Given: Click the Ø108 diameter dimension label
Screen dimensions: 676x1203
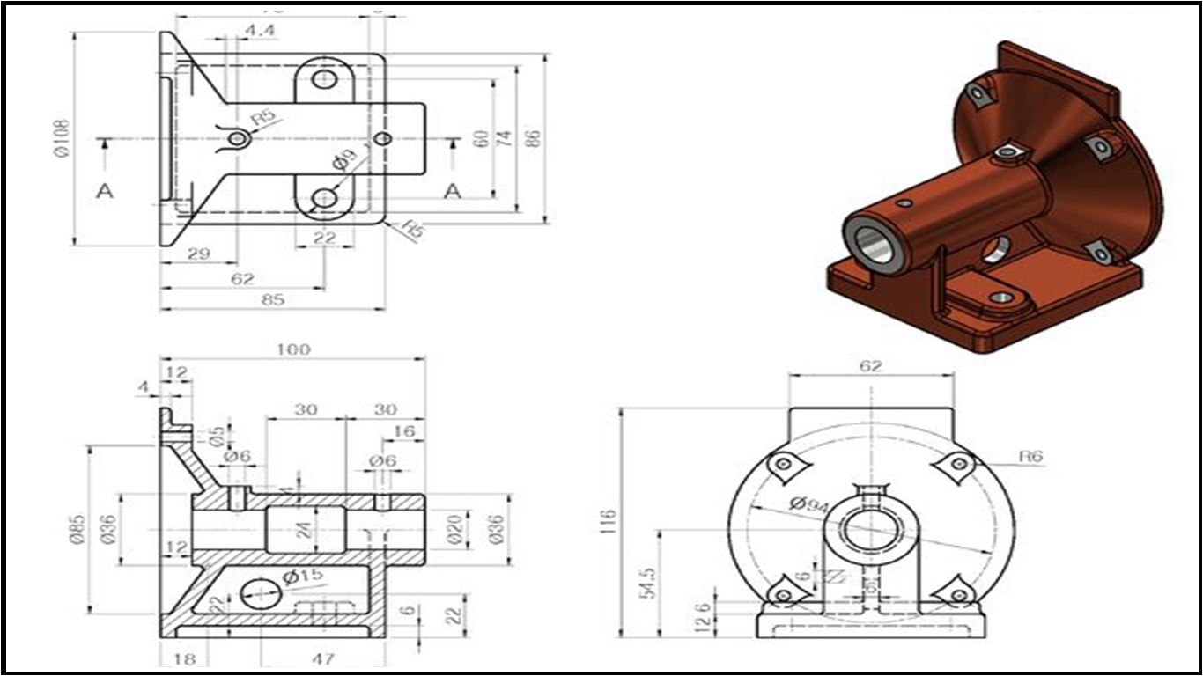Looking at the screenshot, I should point(63,138).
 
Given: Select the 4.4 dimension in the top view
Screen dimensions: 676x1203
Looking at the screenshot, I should point(260,30).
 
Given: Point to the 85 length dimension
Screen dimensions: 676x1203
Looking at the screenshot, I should point(273,299).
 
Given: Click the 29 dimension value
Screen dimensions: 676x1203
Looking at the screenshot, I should point(199,253).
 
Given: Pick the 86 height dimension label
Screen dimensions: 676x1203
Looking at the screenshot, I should point(531,138).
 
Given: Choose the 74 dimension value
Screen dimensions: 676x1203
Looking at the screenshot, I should point(505,138).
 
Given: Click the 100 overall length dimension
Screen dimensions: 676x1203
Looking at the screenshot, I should point(292,349).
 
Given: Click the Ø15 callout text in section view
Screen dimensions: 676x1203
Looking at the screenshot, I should point(303,577).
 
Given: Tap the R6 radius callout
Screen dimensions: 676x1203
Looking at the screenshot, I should point(1030,456).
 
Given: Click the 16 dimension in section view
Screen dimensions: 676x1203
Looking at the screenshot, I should point(403,430).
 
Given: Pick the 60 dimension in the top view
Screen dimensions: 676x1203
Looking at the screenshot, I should point(480,138).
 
